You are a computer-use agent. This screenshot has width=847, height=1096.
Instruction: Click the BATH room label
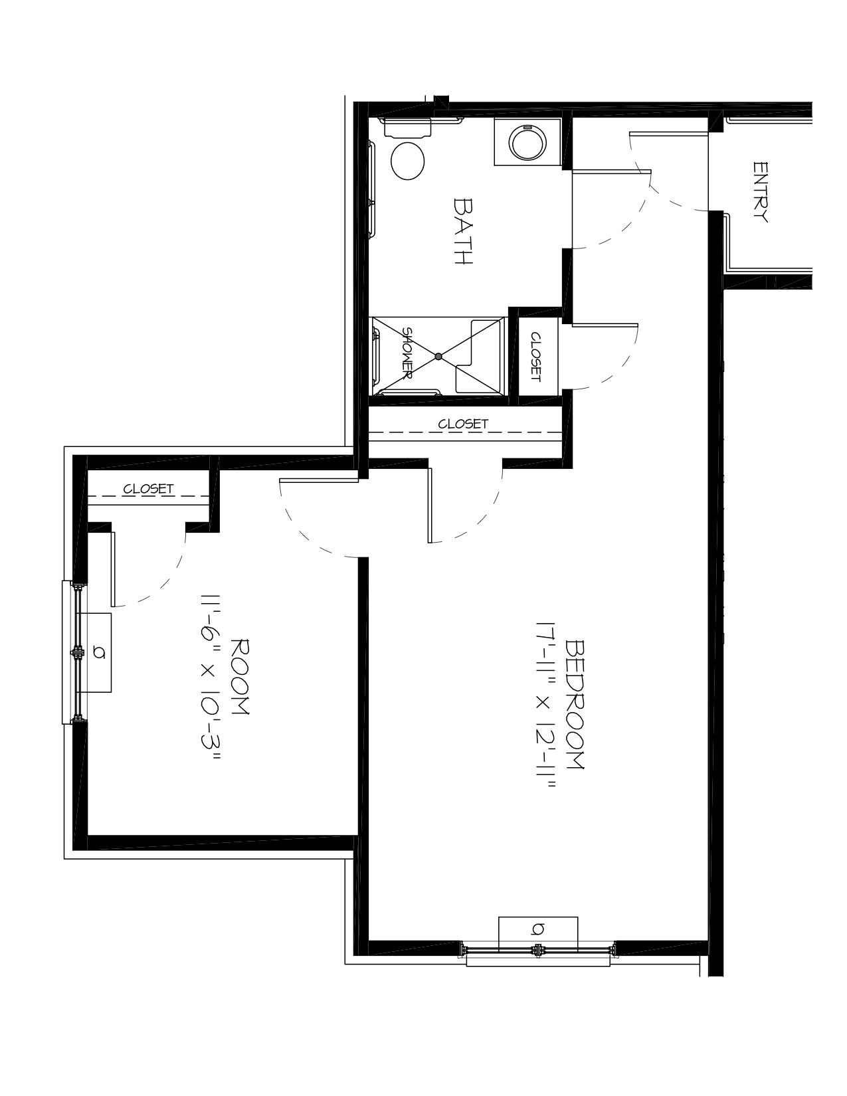pyautogui.click(x=462, y=232)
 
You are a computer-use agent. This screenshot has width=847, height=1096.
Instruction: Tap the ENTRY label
pyautogui.click(x=760, y=192)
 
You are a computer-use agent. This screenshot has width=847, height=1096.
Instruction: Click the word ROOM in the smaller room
pyautogui.click(x=240, y=677)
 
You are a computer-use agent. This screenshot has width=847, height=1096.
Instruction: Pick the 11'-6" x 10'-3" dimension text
pyautogui.click(x=211, y=677)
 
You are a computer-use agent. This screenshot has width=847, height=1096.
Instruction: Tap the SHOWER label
pyautogui.click(x=407, y=353)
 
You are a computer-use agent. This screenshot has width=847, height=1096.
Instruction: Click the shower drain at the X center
pyautogui.click(x=438, y=356)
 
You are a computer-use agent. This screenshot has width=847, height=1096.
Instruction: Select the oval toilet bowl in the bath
pyautogui.click(x=408, y=161)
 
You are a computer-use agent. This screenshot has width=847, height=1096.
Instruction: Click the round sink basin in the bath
pyautogui.click(x=527, y=142)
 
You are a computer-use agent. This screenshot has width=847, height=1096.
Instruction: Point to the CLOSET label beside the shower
pyautogui.click(x=535, y=357)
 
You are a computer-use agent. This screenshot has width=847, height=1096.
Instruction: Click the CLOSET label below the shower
pyautogui.click(x=463, y=424)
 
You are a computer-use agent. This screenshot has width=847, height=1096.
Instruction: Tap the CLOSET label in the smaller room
pyautogui.click(x=148, y=488)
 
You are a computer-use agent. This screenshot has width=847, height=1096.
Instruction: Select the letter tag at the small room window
pyautogui.click(x=100, y=653)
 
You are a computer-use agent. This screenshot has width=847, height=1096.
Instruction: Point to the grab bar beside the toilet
pyautogui.click(x=372, y=189)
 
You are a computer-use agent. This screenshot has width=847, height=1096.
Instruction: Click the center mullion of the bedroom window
pyautogui.click(x=538, y=951)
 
